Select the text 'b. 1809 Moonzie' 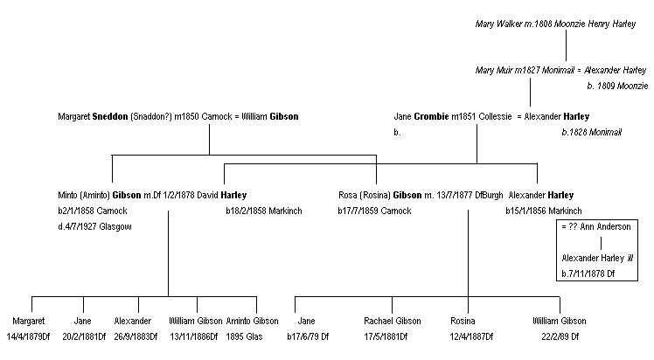point(616,86)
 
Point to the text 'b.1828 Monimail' point(591,133)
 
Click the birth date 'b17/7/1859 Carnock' point(375,211)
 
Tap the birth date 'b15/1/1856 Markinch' point(543,211)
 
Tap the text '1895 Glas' point(253,336)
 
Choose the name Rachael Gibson point(393,321)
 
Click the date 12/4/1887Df point(470,336)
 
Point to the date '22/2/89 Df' point(560,336)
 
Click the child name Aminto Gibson point(253,321)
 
